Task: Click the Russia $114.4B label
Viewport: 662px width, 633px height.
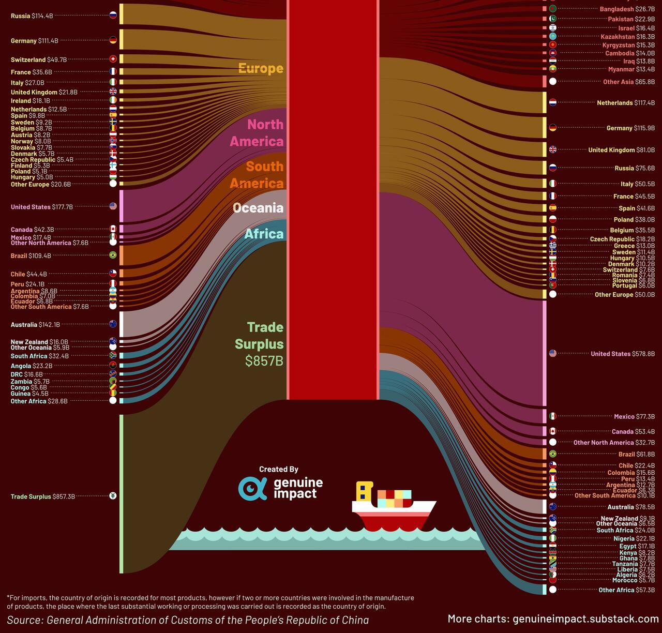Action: pos(32,16)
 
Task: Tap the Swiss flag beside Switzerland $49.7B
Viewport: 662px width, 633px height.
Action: pos(113,59)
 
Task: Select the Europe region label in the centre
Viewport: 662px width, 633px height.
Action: pos(261,68)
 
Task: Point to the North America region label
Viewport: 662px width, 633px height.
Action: pos(258,132)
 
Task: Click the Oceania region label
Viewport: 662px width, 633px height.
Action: pos(258,208)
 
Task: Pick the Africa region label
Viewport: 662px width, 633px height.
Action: pos(264,234)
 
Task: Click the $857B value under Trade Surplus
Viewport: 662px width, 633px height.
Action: pos(264,361)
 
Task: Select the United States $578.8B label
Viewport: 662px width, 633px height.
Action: pos(623,354)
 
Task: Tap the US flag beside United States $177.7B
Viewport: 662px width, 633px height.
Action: pos(113,206)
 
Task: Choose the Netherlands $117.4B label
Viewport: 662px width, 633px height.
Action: pos(626,103)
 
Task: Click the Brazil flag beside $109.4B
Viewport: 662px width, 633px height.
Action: pos(113,255)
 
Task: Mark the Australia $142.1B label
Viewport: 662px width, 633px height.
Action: pos(35,325)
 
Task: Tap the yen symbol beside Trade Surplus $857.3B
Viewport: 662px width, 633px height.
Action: pos(113,496)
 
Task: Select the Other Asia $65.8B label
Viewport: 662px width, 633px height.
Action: pos(628,82)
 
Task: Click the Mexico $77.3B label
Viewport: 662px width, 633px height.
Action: pos(634,417)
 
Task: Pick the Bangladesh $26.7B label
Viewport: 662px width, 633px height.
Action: pos(627,9)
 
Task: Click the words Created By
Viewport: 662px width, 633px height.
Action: pos(279,469)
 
